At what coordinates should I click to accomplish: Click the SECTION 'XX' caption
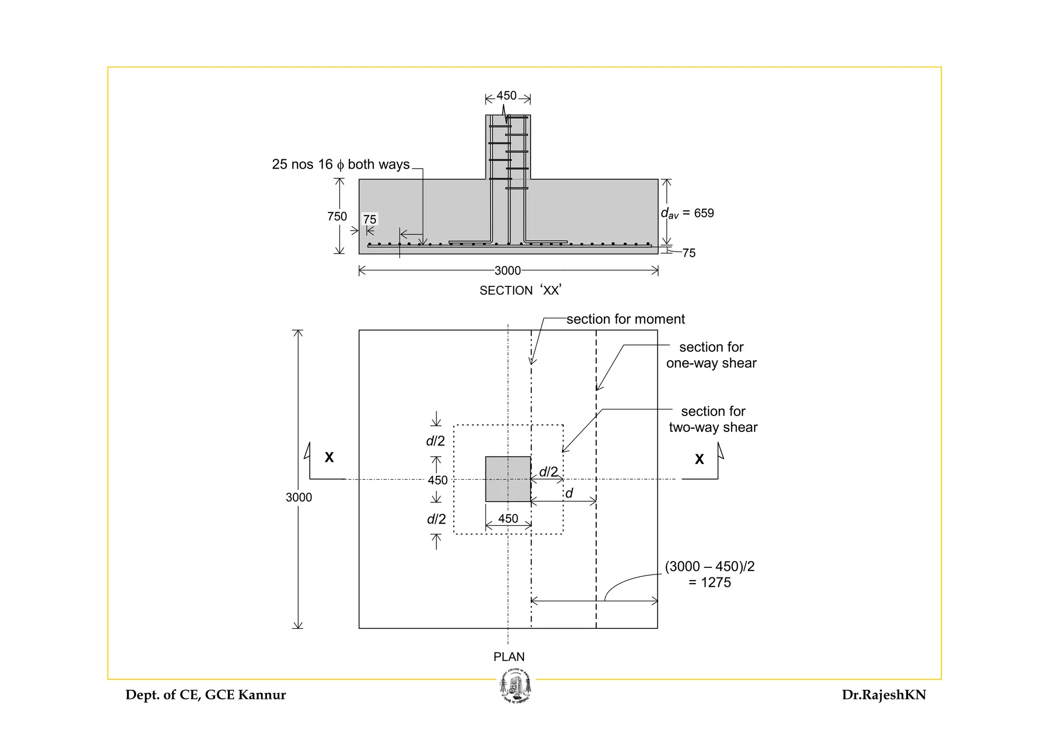pos(520,291)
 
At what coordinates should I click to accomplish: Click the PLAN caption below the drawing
pos(509,656)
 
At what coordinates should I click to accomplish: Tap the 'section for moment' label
pos(625,319)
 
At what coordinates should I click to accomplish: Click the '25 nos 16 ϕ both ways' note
pos(341,164)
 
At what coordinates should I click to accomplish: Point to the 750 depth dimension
pos(337,216)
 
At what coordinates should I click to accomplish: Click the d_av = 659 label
pos(687,213)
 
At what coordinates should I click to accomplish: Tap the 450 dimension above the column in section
pos(507,96)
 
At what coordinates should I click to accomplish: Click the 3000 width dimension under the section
pos(508,271)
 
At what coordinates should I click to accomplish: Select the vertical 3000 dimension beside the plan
pos(299,497)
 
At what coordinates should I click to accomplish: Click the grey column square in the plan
pos(508,479)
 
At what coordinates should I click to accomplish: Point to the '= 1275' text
pos(710,583)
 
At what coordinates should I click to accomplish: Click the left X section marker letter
pos(329,457)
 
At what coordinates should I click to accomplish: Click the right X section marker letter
pos(699,459)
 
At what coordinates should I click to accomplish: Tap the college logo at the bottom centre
pos(516,687)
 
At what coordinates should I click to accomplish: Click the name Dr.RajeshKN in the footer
pos(884,695)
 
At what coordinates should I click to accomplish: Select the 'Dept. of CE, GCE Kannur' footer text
pos(205,695)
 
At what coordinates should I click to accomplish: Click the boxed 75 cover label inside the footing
pos(370,219)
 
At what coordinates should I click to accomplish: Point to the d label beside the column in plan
pos(569,493)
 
